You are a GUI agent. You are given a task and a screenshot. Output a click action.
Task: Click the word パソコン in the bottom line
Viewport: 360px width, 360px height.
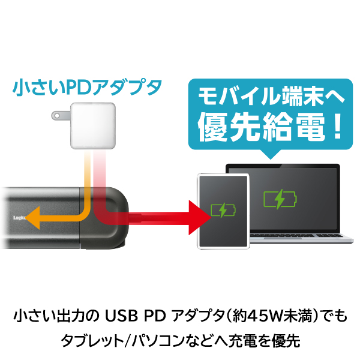click(167, 340)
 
